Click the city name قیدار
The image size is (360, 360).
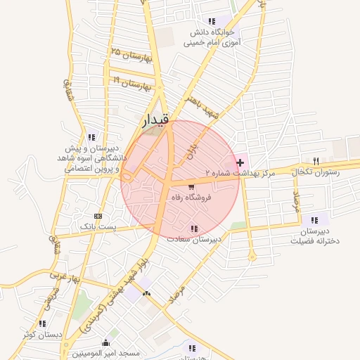(x=156, y=122)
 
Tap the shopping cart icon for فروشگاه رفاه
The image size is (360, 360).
(x=191, y=186)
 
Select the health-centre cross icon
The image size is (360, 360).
(x=241, y=162)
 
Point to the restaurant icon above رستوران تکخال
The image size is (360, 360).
(x=316, y=161)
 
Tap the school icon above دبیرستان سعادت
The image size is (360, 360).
(x=193, y=228)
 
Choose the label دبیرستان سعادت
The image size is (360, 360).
(x=194, y=239)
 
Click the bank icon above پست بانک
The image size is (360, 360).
(x=97, y=216)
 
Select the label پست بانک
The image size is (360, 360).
(x=97, y=227)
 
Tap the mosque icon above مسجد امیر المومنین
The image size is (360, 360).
(x=105, y=342)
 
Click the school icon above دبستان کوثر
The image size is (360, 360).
(x=43, y=323)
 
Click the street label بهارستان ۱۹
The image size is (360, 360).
(x=131, y=83)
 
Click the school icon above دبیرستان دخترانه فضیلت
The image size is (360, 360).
(x=314, y=220)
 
